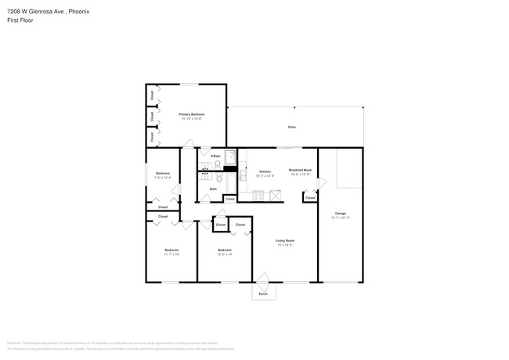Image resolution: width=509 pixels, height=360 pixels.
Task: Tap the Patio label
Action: (x=291, y=127)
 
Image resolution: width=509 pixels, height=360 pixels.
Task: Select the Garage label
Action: (x=341, y=213)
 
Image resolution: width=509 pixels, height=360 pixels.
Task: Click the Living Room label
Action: (x=284, y=240)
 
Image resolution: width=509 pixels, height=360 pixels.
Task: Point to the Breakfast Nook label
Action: (x=301, y=170)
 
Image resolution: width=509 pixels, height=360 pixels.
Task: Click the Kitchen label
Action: (x=265, y=171)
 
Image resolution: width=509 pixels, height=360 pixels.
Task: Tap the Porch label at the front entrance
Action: (x=263, y=294)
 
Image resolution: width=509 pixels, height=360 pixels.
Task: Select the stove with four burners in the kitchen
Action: (x=259, y=194)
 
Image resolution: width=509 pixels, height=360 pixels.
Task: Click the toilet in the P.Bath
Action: (x=218, y=164)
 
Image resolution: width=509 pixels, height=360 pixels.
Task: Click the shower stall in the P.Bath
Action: (x=230, y=157)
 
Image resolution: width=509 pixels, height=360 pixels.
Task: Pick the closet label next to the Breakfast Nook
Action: (x=310, y=198)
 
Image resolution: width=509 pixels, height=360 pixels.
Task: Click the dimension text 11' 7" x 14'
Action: (x=171, y=254)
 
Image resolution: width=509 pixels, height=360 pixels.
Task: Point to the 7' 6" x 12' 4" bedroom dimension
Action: (x=162, y=178)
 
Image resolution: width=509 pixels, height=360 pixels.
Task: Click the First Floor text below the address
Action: (x=21, y=21)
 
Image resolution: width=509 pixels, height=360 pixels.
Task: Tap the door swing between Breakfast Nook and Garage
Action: (x=321, y=183)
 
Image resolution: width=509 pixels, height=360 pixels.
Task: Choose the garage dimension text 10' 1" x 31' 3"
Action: (x=341, y=218)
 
